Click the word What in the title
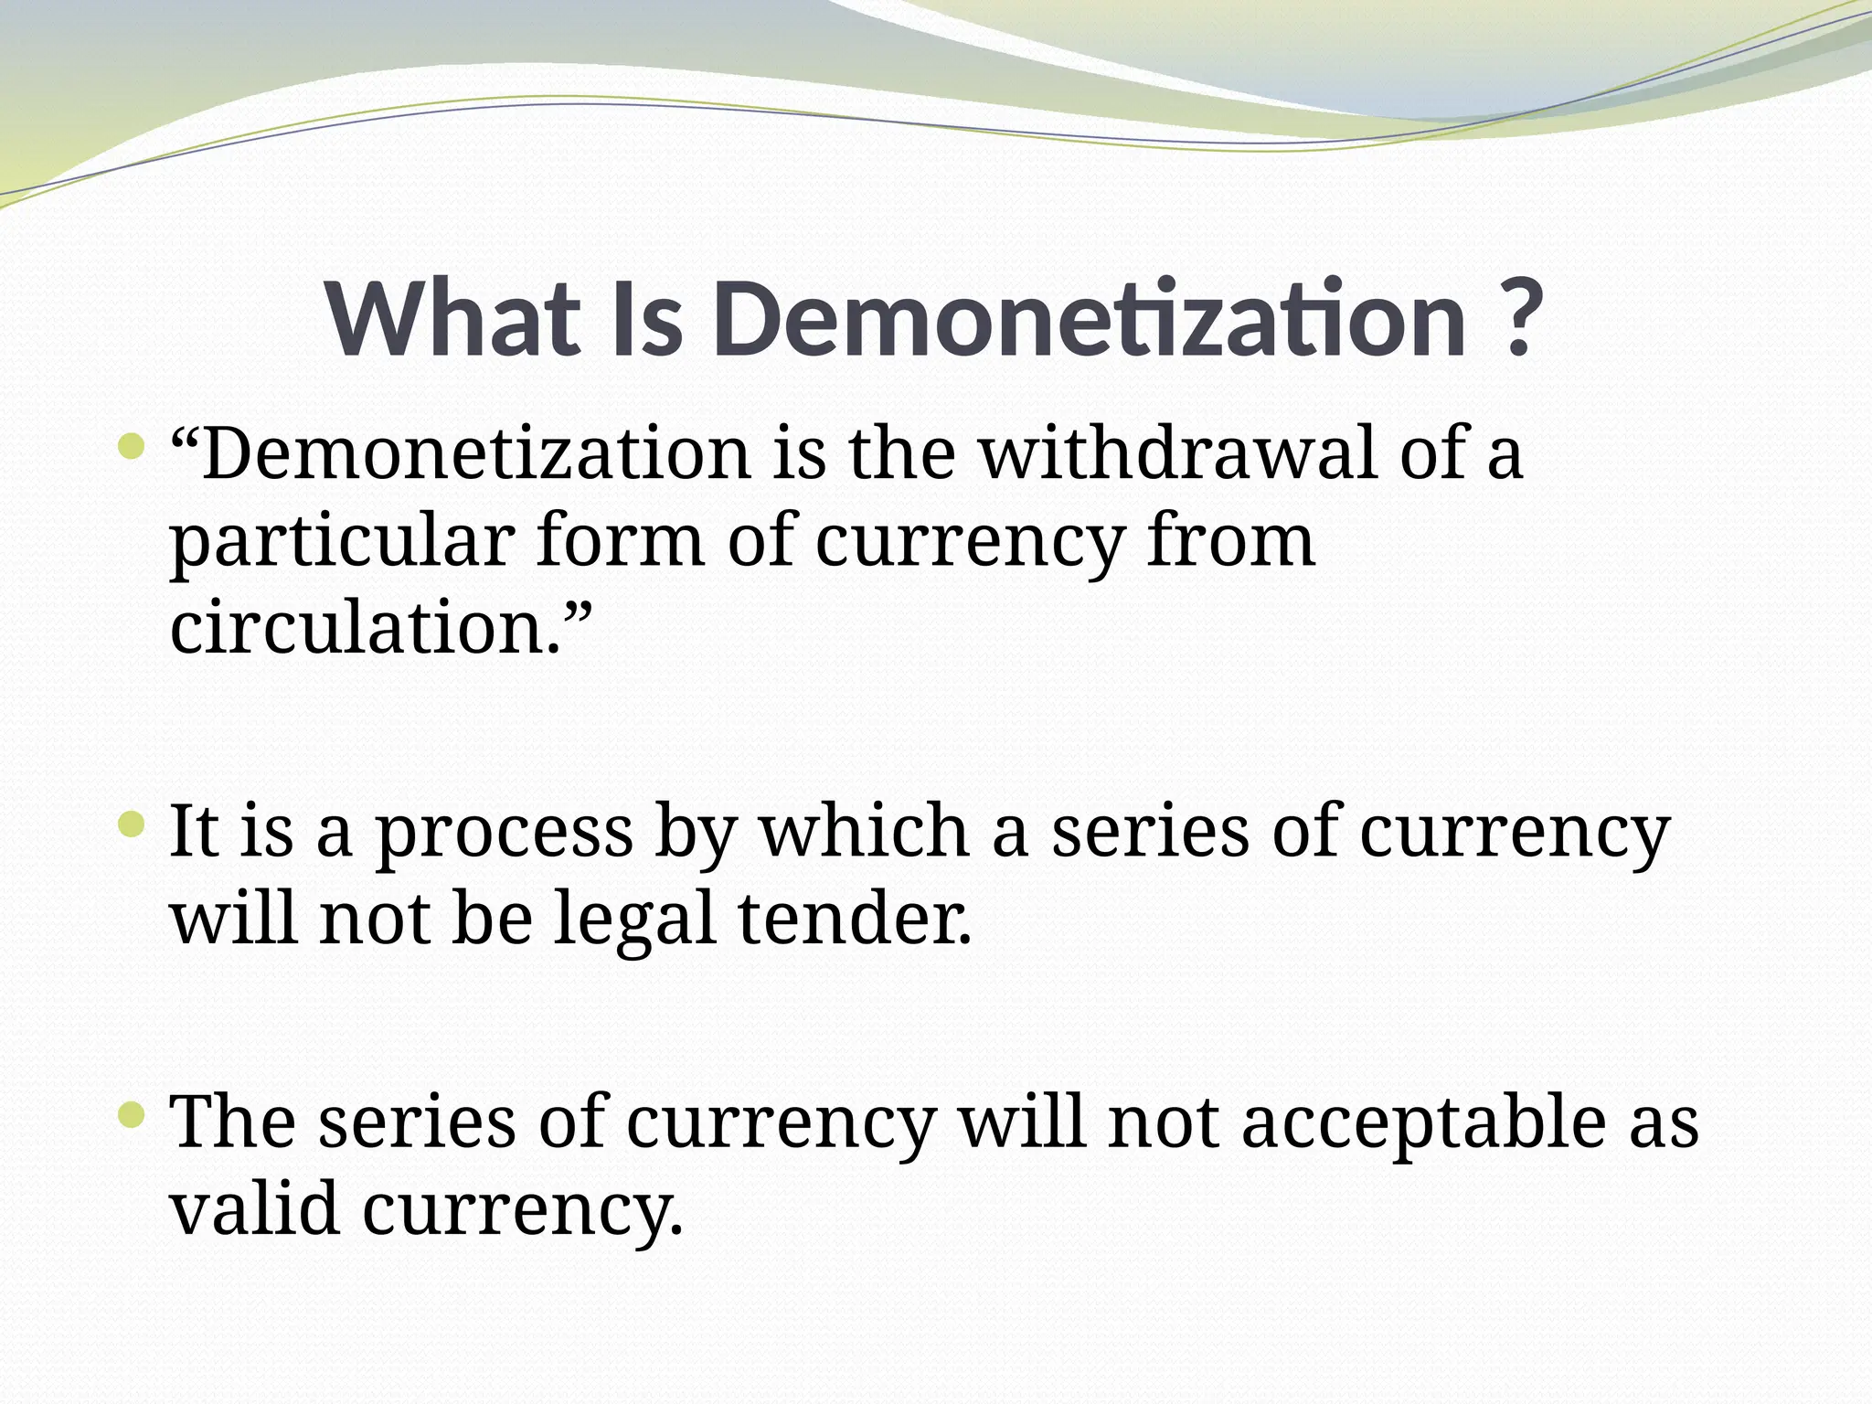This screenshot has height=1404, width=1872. (453, 319)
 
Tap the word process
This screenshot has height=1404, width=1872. (505, 833)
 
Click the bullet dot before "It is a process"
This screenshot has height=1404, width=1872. (133, 826)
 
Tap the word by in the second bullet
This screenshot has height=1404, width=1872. (696, 833)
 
